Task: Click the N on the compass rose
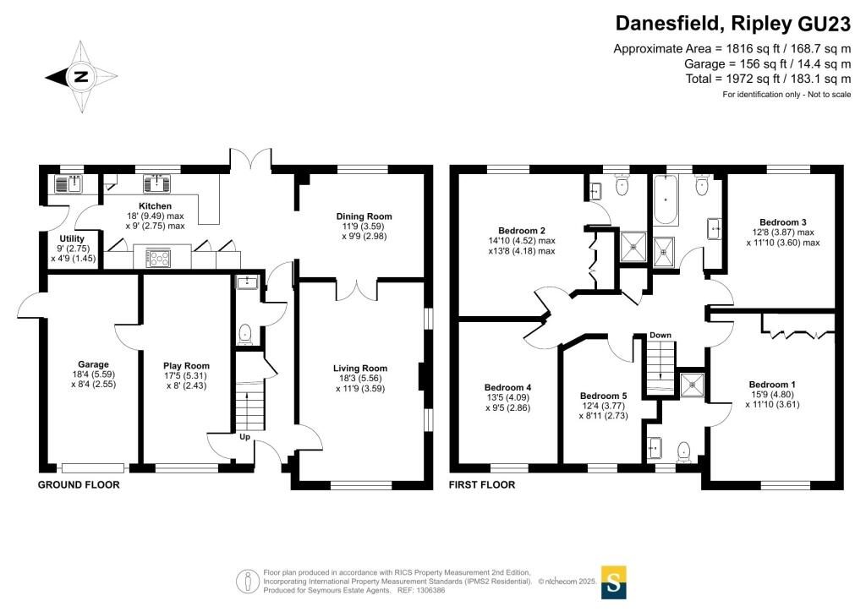click(81, 77)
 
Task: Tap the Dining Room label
click(364, 216)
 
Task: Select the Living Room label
click(360, 368)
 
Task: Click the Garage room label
click(93, 364)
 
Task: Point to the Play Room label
click(186, 365)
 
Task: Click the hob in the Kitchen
click(158, 259)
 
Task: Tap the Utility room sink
click(69, 183)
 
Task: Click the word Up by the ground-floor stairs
click(244, 436)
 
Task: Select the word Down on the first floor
click(660, 335)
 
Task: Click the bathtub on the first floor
click(666, 199)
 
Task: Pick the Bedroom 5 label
click(603, 396)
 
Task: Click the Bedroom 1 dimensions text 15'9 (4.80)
click(772, 394)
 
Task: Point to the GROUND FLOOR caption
click(79, 484)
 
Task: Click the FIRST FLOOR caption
click(481, 484)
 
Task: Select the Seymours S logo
click(613, 582)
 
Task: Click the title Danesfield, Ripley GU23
click(733, 24)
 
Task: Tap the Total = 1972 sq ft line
click(768, 79)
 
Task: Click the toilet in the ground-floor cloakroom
click(244, 334)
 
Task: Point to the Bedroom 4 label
click(507, 387)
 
